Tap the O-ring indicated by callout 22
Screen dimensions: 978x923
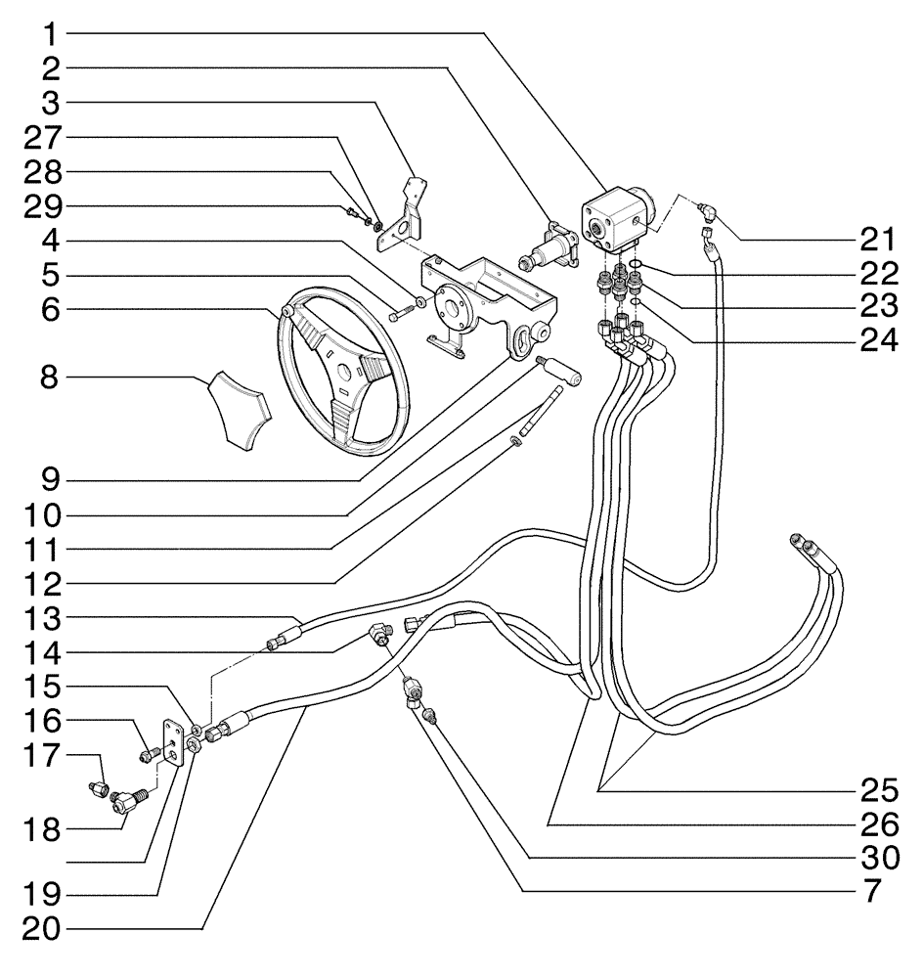coord(634,264)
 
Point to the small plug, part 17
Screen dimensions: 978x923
coord(99,787)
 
